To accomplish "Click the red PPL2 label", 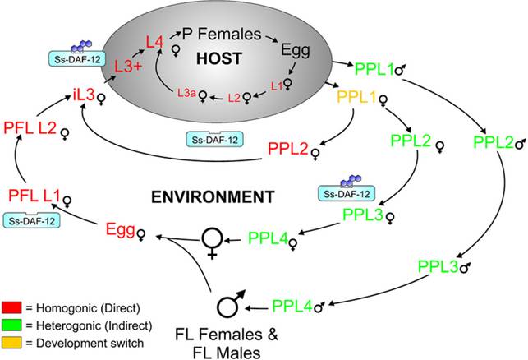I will tap(287, 150).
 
